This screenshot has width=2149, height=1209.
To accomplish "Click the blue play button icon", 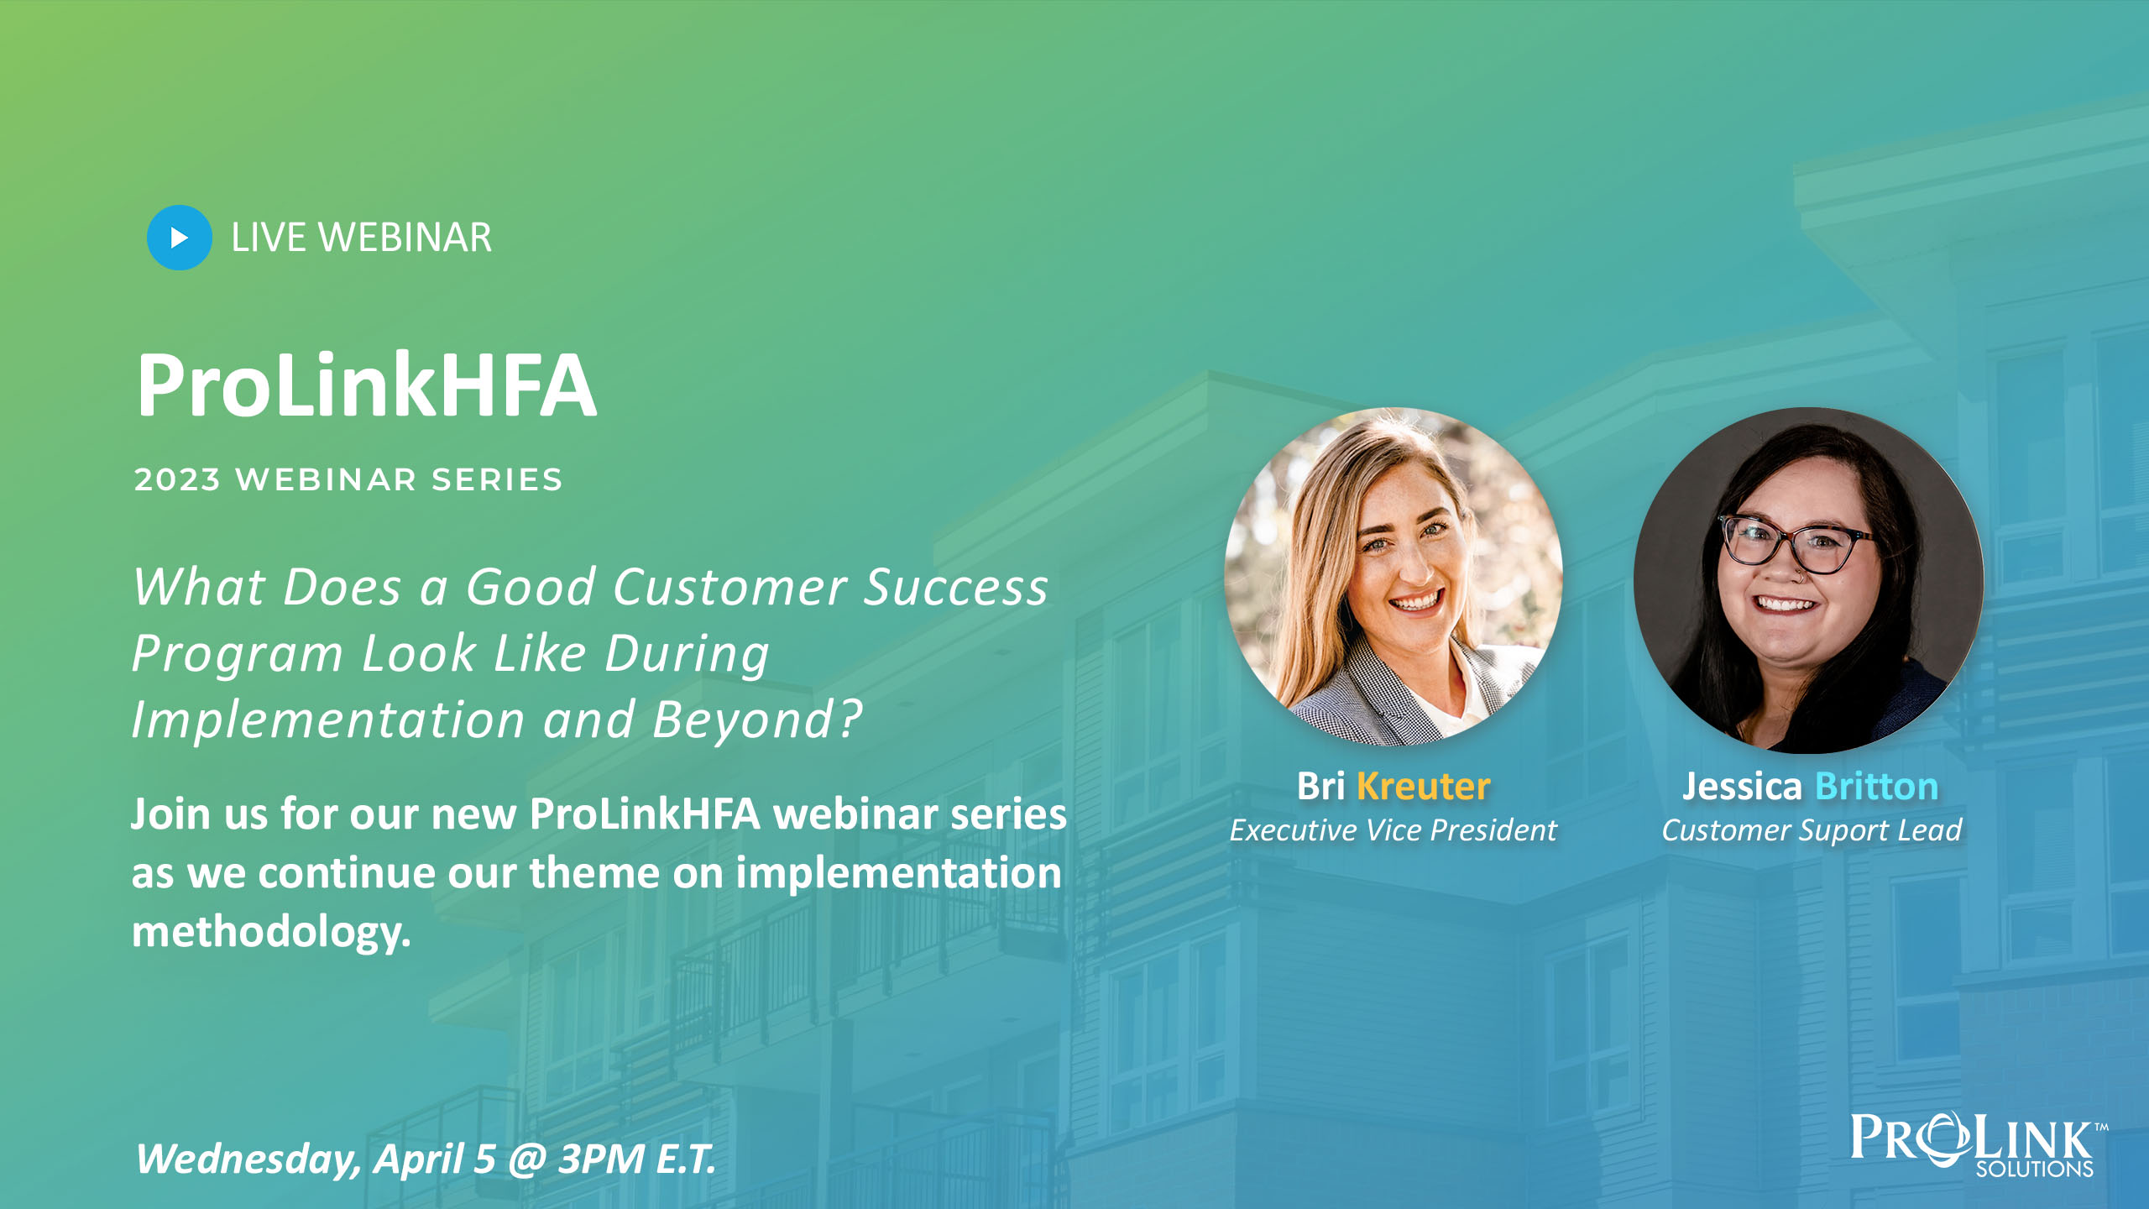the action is coord(179,238).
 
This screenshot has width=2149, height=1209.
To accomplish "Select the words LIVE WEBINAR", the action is coord(361,238).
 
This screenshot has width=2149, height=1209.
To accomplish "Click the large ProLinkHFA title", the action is coord(366,385).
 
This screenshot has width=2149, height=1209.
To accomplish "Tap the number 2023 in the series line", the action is coord(177,479).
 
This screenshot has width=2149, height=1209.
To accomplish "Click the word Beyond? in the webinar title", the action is coord(758,720).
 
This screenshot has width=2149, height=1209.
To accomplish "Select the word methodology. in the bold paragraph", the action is coord(271,933).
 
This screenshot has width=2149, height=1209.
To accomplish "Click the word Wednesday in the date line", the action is coord(249,1159).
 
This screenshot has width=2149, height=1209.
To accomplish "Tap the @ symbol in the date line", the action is coord(527,1159).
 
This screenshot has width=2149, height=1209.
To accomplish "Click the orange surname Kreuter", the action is coord(1424,787).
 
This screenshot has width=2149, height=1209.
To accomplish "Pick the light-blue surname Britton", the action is coord(1877,787).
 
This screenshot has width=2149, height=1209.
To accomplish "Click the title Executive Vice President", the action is coord(1393,830).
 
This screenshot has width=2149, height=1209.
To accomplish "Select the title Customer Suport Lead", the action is coord(1812,830).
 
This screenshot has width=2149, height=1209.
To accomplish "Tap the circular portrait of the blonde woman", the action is coord(1393,577).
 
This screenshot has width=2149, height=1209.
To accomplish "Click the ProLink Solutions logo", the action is coord(1978,1144).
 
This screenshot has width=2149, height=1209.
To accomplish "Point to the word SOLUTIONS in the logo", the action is coord(2035,1169).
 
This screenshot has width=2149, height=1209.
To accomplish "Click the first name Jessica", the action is coord(1743,787).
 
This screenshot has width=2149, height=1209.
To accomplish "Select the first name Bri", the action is coord(1321,787).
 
